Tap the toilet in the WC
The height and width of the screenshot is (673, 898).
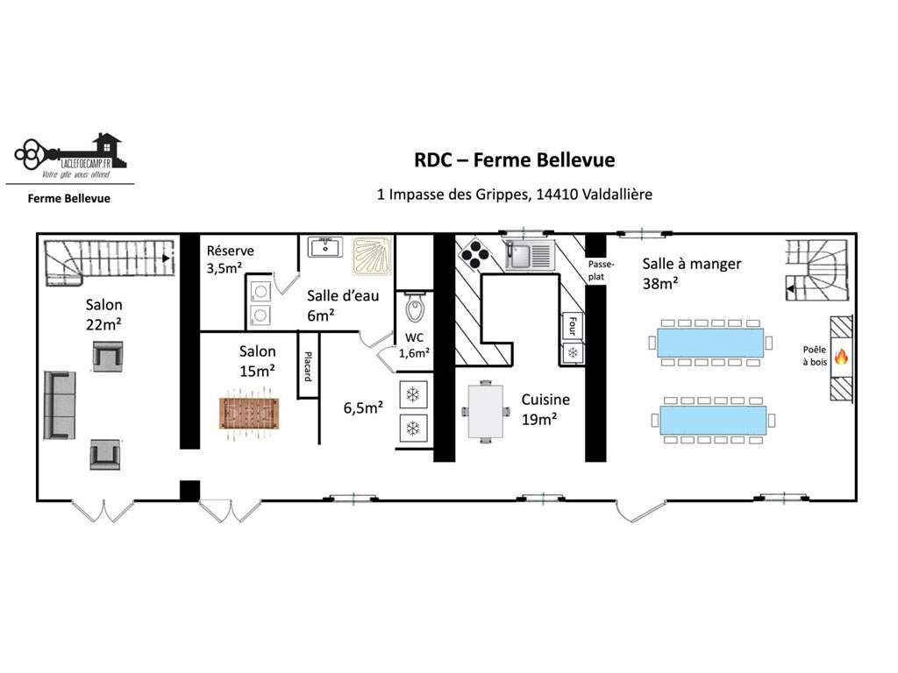(415, 308)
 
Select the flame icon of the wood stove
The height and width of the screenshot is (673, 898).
(841, 358)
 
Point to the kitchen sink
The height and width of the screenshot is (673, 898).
(530, 255)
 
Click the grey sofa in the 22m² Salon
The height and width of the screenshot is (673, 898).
(60, 405)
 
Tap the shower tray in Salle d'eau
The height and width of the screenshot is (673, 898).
(372, 257)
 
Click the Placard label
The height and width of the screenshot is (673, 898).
(308, 366)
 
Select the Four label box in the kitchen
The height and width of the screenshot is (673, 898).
(572, 326)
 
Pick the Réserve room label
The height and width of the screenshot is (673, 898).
(231, 251)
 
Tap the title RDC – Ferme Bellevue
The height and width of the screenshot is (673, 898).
(514, 159)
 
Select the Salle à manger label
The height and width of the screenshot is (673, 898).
(691, 264)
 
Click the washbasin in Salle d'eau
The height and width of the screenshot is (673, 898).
(325, 247)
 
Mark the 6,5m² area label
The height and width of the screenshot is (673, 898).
(363, 407)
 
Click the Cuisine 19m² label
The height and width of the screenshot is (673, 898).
(545, 409)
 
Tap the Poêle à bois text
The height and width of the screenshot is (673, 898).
(815, 356)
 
